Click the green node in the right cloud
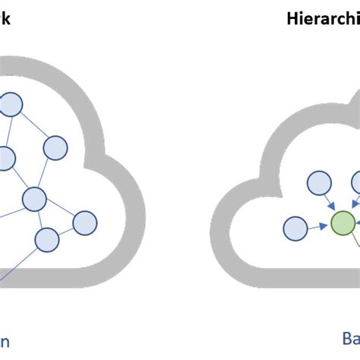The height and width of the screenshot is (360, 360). [343, 223]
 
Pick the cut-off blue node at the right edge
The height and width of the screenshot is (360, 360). [356, 182]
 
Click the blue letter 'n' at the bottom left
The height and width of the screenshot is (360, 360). [5, 341]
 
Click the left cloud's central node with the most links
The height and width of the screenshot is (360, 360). [34, 199]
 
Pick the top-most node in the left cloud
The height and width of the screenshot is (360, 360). [10, 104]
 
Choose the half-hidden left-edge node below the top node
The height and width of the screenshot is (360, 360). [5, 159]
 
